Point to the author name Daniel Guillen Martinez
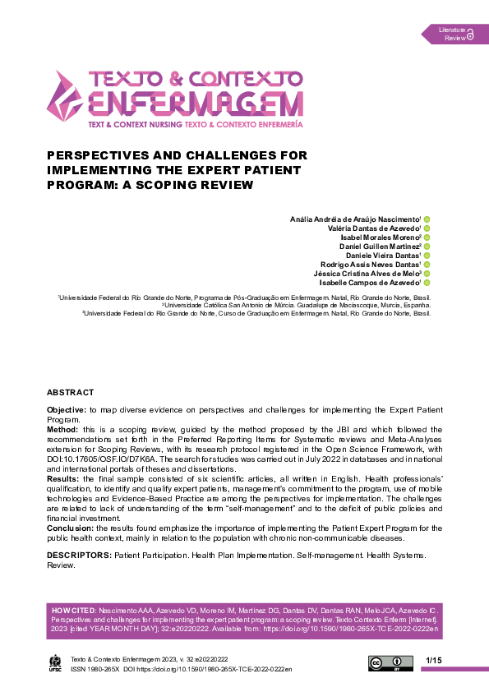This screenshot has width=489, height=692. click(x=380, y=247)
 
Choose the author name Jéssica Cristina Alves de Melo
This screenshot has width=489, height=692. click(x=367, y=273)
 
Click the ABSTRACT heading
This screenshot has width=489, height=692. click(x=70, y=393)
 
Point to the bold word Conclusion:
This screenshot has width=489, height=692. click(x=70, y=528)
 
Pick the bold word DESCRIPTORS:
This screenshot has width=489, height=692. click(x=79, y=556)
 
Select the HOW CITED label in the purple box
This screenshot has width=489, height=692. click(x=72, y=611)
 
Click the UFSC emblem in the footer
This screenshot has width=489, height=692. click(x=55, y=662)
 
